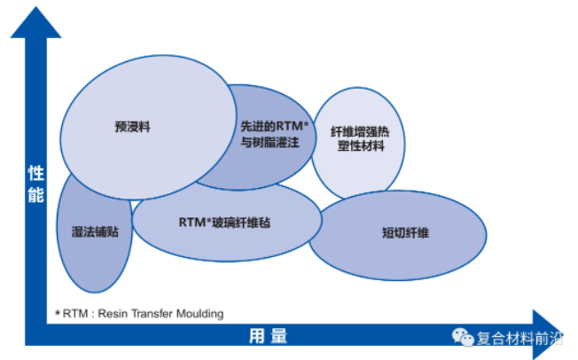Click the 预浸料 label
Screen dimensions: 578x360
pyautogui.click(x=133, y=127)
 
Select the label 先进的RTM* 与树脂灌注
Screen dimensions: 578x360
pyautogui.click(x=274, y=134)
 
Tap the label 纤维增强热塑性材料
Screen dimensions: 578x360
pyautogui.click(x=360, y=138)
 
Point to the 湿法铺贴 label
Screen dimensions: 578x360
pyautogui.click(x=95, y=231)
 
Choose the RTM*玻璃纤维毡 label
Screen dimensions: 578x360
pyautogui.click(x=224, y=223)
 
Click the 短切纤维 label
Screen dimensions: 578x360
pyautogui.click(x=405, y=233)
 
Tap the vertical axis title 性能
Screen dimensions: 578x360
pyautogui.click(x=36, y=184)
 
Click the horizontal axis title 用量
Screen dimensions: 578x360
pyautogui.click(x=268, y=336)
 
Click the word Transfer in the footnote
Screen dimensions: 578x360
pyautogui.click(x=152, y=314)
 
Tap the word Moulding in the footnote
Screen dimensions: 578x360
pyautogui.click(x=199, y=314)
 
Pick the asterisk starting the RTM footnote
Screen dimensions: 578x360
pyautogui.click(x=58, y=313)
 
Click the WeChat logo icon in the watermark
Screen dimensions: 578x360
pyautogui.click(x=463, y=337)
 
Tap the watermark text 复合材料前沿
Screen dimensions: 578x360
pyautogui.click(x=519, y=338)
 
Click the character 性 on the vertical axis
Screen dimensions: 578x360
pyautogui.click(x=36, y=174)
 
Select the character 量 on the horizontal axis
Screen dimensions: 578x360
pyautogui.click(x=279, y=336)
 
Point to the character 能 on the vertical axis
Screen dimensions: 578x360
pyautogui.click(x=36, y=195)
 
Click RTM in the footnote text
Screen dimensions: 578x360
pyautogui.click(x=75, y=314)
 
